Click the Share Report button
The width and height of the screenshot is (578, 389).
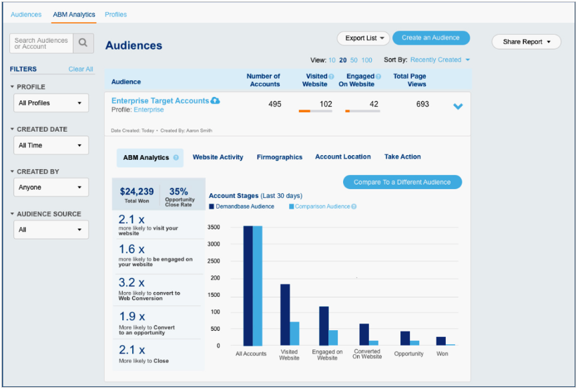[x=526, y=41]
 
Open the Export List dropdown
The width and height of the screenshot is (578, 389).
[x=363, y=38]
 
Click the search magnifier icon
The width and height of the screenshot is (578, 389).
[x=83, y=43]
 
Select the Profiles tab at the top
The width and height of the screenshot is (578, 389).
[x=115, y=14]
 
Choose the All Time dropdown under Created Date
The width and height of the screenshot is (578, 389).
[x=51, y=145]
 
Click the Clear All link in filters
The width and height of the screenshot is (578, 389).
[x=81, y=69]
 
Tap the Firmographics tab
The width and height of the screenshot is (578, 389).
[x=279, y=157]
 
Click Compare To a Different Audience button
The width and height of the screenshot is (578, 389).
[x=402, y=182]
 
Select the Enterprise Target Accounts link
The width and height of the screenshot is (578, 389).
[x=160, y=101]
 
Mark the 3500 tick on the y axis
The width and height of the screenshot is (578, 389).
[x=214, y=227]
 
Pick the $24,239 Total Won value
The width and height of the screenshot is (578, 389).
[x=136, y=192]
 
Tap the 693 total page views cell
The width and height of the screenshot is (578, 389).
[x=422, y=104]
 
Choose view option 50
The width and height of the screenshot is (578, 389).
[x=354, y=60]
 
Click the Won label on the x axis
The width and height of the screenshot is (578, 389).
[x=442, y=354]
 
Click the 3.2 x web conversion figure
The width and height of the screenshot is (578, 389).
[x=131, y=283]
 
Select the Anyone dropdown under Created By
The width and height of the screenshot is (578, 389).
[x=51, y=187]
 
